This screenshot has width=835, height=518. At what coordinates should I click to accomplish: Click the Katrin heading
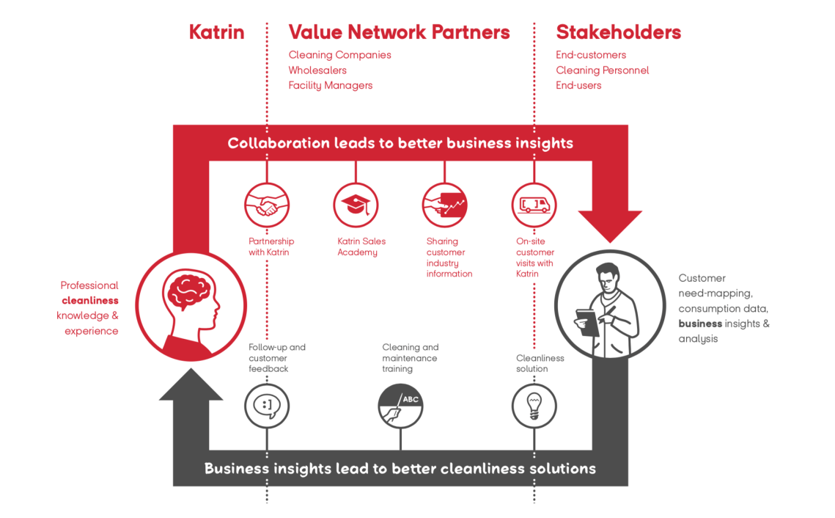[x=216, y=32]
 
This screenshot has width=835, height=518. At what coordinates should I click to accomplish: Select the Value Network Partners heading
[x=399, y=32]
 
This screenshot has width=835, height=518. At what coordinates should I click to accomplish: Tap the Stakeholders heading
[x=618, y=32]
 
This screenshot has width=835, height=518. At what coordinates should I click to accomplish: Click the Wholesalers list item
[x=317, y=70]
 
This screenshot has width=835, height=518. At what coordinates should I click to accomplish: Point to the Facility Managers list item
[x=330, y=86]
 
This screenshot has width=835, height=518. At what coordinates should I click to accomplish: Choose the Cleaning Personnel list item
[x=602, y=70]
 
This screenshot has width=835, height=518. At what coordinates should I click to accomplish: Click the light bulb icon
[x=534, y=404]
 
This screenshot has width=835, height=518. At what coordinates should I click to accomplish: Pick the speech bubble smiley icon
[x=267, y=404]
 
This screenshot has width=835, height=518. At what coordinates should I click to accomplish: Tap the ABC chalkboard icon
[x=400, y=404]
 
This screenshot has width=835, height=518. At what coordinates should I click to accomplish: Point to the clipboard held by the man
[x=587, y=321]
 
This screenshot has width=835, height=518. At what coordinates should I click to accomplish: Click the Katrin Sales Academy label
[x=361, y=247]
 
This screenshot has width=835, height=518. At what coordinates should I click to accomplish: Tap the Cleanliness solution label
[x=540, y=363]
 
